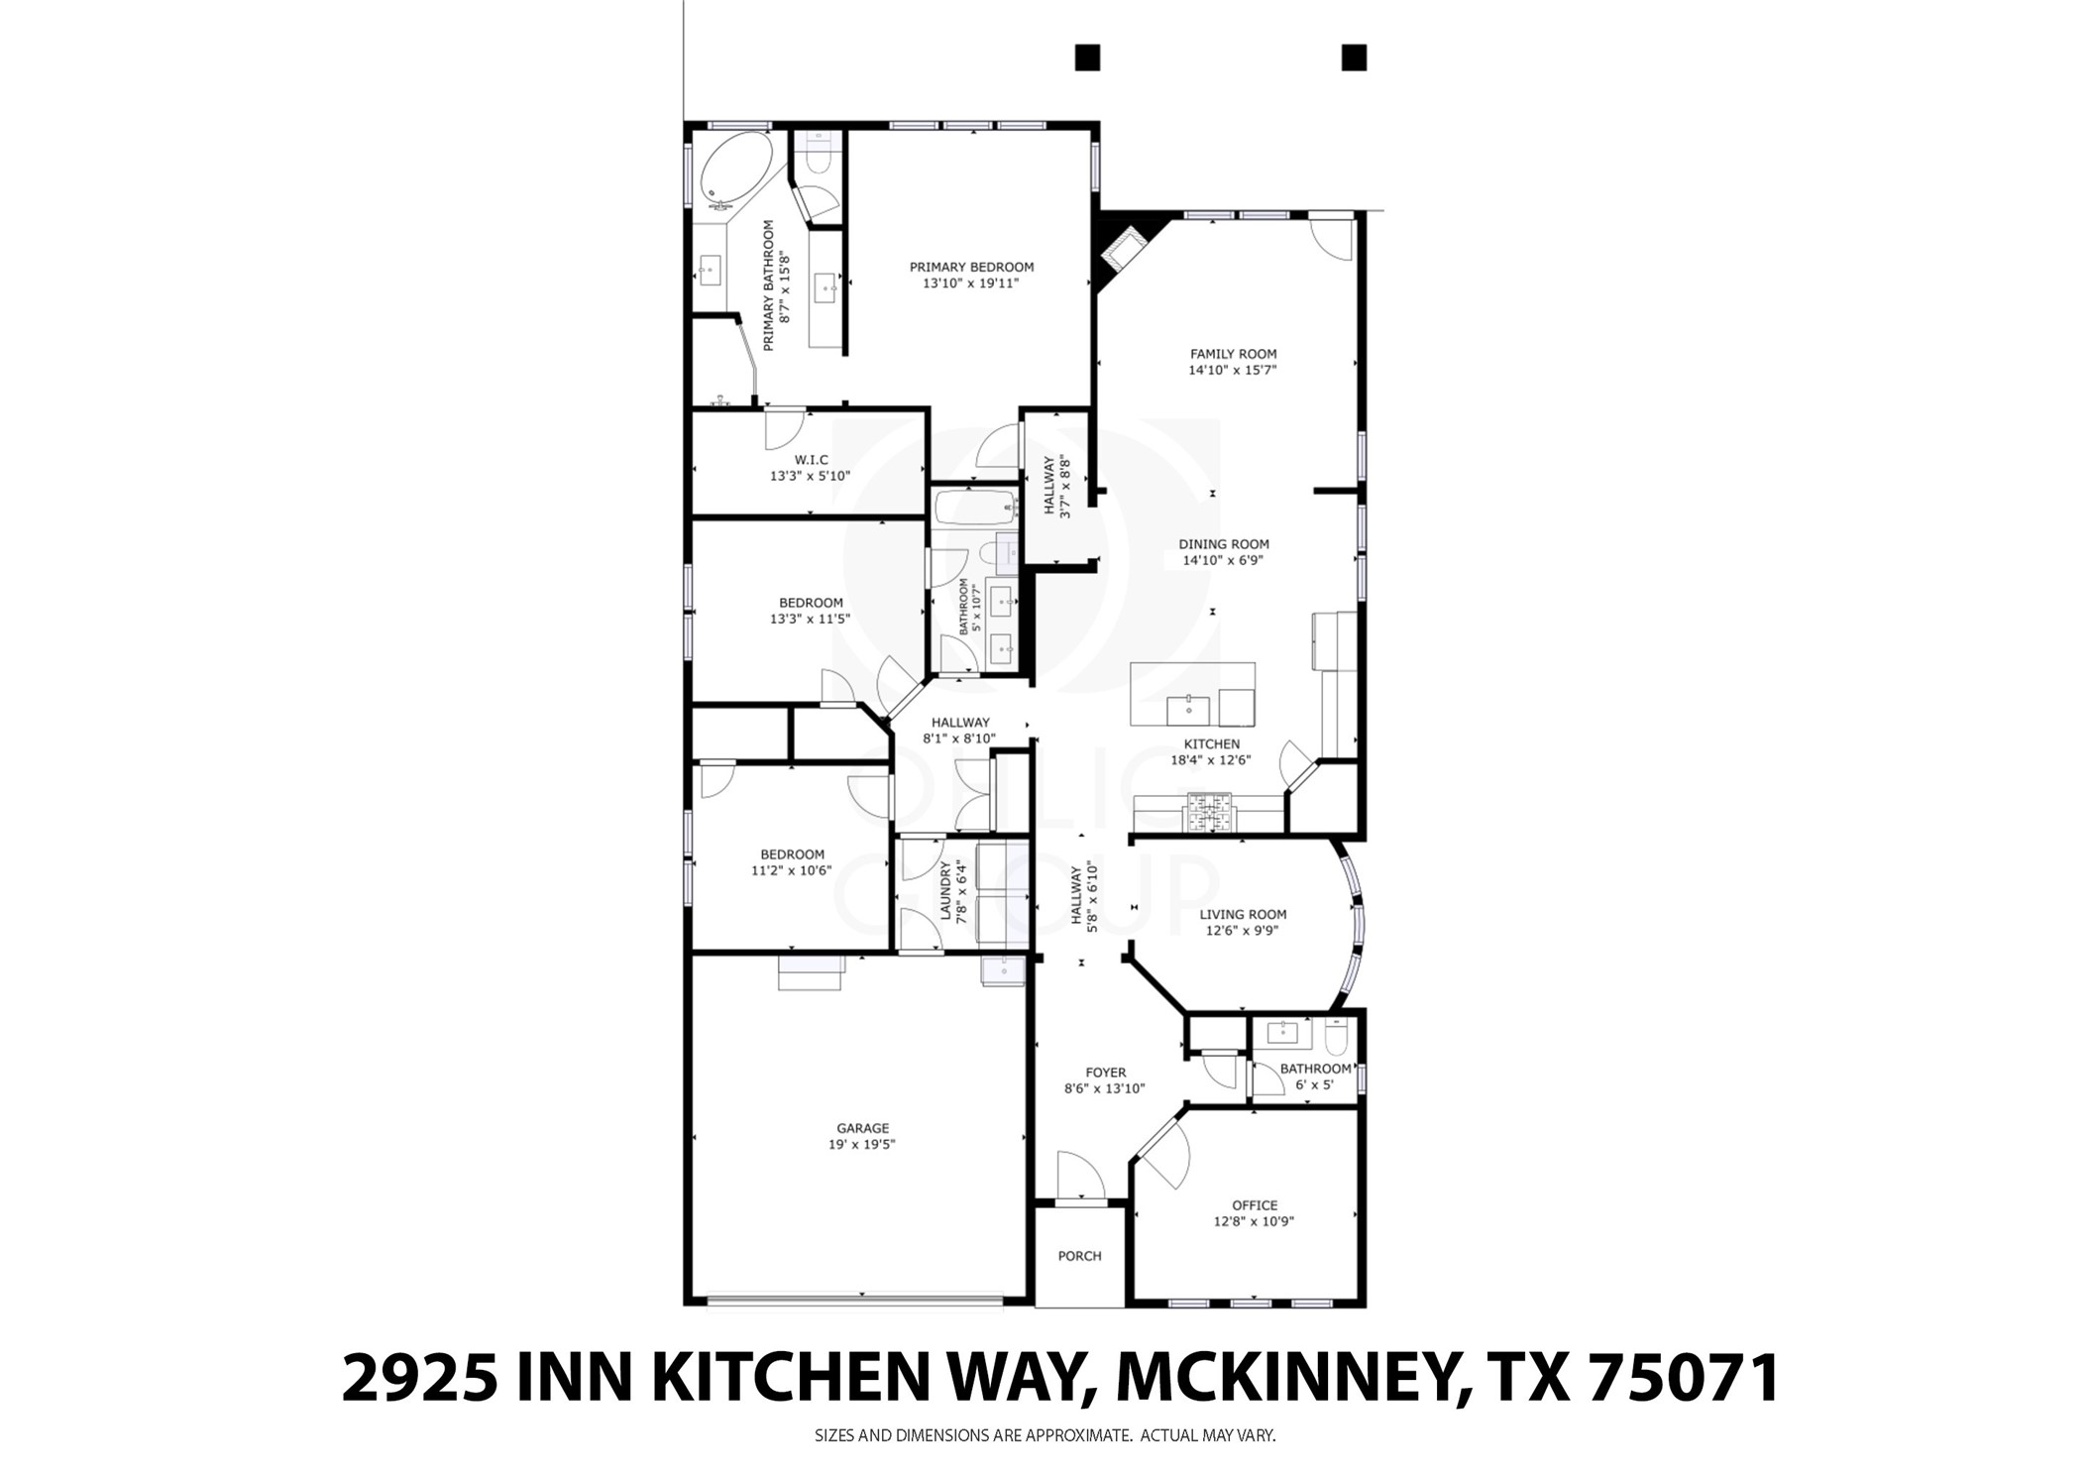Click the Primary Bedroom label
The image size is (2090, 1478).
(971, 267)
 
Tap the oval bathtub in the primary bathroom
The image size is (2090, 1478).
(734, 170)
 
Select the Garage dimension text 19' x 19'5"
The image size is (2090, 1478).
(862, 1144)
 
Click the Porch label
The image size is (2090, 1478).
(1079, 1256)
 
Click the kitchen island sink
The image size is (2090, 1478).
(1187, 709)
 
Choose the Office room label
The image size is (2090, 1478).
(1254, 1205)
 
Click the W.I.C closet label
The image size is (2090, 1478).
(811, 460)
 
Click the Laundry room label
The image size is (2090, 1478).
(945, 890)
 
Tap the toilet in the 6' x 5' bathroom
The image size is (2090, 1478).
(1335, 1037)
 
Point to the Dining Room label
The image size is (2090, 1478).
(1223, 544)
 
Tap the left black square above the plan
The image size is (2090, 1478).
(1087, 57)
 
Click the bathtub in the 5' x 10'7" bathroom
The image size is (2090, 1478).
(975, 509)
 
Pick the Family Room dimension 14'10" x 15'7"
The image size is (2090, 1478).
(1232, 371)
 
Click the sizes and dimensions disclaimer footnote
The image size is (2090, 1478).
(1045, 1434)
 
